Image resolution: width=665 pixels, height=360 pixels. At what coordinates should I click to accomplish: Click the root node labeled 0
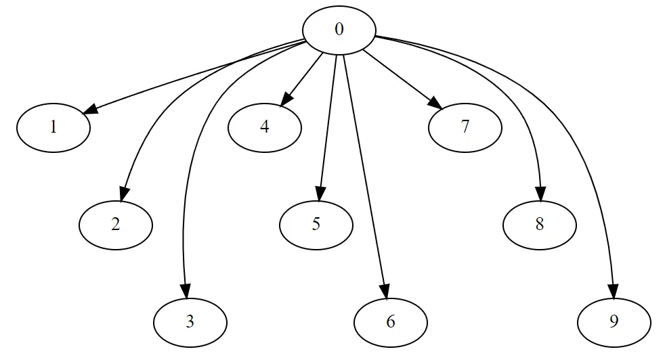click(339, 30)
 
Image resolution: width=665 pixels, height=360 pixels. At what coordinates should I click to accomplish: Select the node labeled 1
click(53, 128)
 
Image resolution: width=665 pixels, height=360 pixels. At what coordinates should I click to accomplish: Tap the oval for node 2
click(116, 225)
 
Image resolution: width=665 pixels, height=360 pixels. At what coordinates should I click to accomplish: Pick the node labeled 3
click(190, 323)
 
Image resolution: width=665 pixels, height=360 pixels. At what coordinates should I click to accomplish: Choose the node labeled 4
click(265, 128)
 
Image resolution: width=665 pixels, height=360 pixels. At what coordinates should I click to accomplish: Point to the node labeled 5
click(316, 225)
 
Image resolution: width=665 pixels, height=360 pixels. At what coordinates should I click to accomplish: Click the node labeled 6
click(391, 323)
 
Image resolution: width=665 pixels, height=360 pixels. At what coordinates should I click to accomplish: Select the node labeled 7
click(465, 128)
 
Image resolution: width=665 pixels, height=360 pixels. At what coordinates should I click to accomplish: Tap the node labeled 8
click(540, 225)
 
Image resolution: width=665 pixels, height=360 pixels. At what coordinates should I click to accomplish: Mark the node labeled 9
click(614, 323)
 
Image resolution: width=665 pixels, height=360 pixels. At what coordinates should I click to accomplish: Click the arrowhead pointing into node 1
click(90, 109)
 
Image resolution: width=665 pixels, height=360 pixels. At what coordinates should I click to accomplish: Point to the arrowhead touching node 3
click(185, 291)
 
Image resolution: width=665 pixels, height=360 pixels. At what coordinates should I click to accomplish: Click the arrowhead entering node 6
click(384, 291)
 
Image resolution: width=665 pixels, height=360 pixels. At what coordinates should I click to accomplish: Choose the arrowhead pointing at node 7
click(435, 103)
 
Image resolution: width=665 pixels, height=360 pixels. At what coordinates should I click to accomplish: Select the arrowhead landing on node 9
click(614, 291)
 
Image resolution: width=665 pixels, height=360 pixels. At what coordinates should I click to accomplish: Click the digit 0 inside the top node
click(339, 30)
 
